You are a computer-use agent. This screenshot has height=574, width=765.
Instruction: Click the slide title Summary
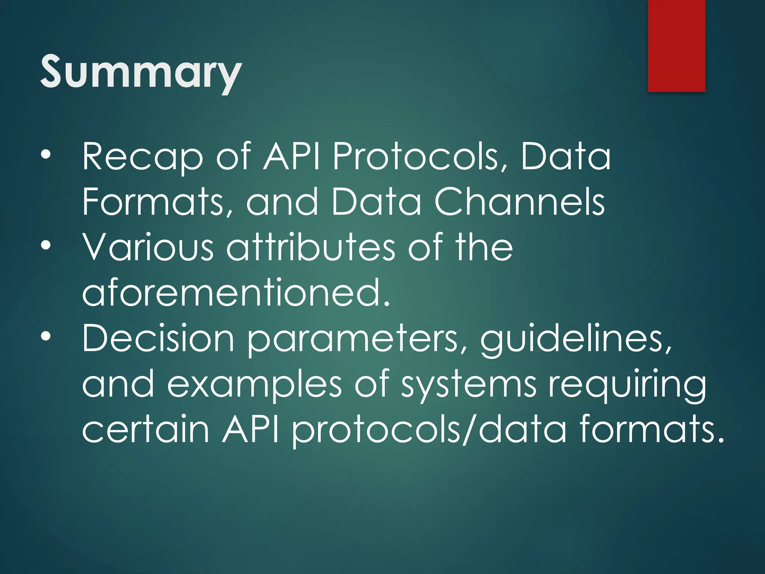click(141, 72)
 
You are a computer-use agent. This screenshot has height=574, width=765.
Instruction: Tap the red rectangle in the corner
click(676, 46)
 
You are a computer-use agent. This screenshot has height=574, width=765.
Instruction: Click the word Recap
click(142, 157)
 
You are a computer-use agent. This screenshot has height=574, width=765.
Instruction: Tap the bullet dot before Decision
click(45, 337)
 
